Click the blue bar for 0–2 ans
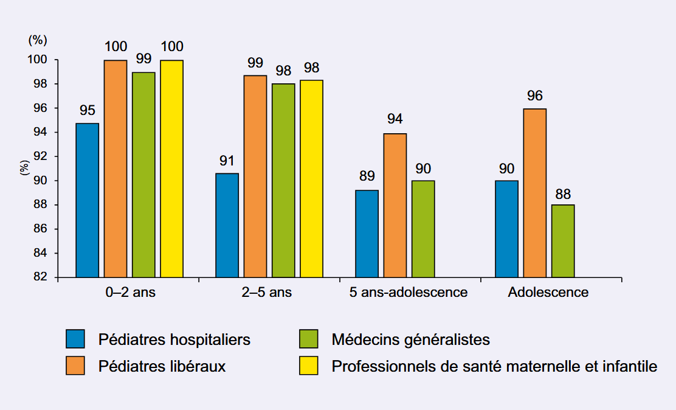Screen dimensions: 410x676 click(x=87, y=200)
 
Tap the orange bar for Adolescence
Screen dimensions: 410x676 click(x=535, y=193)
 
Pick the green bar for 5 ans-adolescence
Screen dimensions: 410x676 click(x=423, y=229)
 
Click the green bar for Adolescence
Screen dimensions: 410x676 click(x=563, y=241)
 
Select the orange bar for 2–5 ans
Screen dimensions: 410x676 click(x=255, y=176)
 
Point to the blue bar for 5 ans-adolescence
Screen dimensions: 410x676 click(x=367, y=234)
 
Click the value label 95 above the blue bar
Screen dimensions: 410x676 click(x=87, y=111)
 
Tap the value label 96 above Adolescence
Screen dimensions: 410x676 click(x=535, y=96)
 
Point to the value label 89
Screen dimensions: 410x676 click(x=367, y=176)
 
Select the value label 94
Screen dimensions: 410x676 click(x=395, y=119)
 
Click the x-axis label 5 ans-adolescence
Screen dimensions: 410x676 click(x=409, y=293)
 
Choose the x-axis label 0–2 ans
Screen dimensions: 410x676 click(x=130, y=293)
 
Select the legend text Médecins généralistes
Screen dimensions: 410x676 click(x=410, y=339)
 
